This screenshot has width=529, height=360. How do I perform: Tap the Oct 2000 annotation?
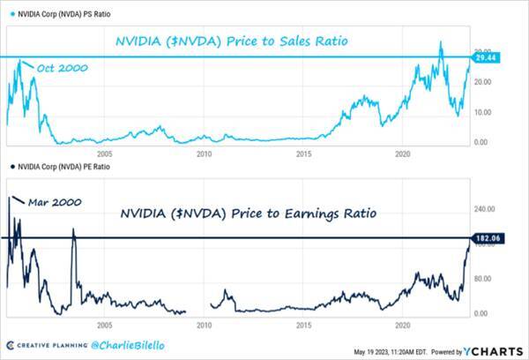point(62,68)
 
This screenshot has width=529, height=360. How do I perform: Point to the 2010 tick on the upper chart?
point(204,153)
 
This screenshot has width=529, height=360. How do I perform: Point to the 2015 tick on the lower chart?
point(304,324)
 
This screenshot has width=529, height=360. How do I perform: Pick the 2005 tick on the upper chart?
point(104,153)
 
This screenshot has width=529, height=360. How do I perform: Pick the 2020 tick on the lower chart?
point(404,324)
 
